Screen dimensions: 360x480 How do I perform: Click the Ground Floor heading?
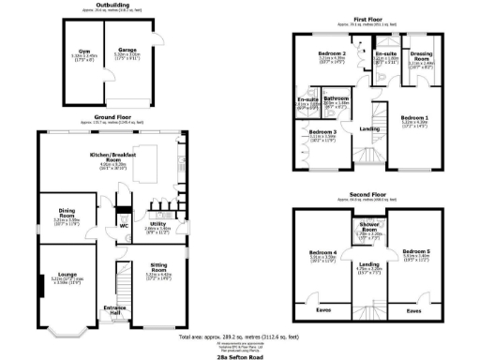111,118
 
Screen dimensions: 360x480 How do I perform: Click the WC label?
124,226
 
